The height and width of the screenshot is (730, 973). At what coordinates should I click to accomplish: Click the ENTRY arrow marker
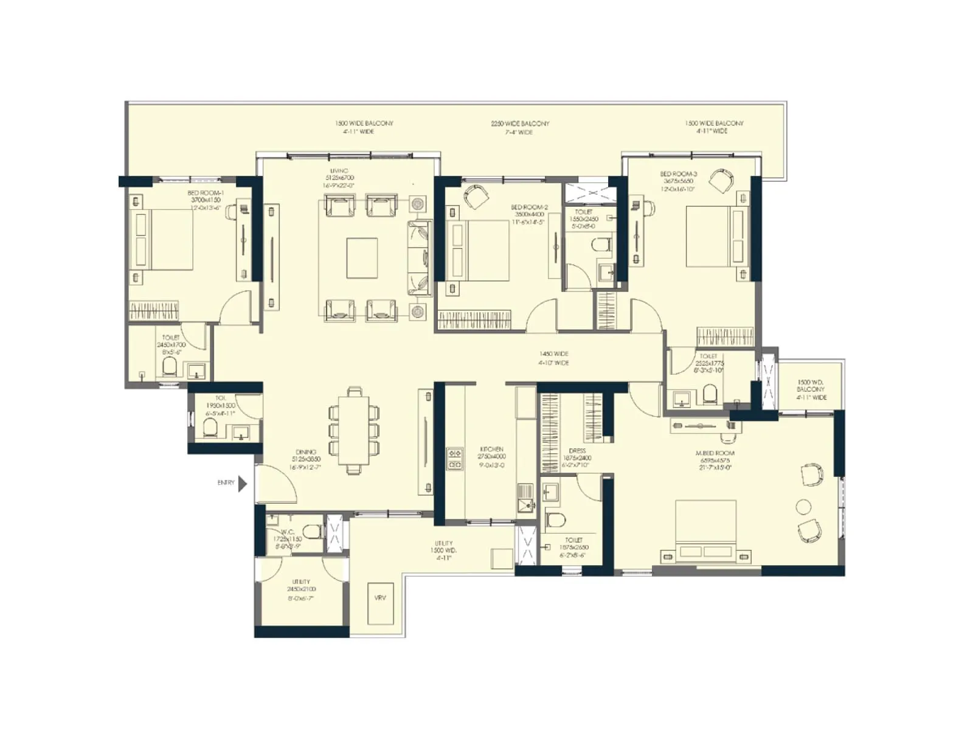243,484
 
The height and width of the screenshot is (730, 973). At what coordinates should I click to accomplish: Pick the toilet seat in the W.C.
313,532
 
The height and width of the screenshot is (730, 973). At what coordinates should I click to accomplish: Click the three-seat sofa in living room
418,258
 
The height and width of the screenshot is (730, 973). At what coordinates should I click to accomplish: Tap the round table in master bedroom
804,507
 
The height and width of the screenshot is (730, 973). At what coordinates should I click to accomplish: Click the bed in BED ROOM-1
161,240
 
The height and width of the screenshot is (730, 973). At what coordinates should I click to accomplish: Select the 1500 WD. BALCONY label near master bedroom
811,389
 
